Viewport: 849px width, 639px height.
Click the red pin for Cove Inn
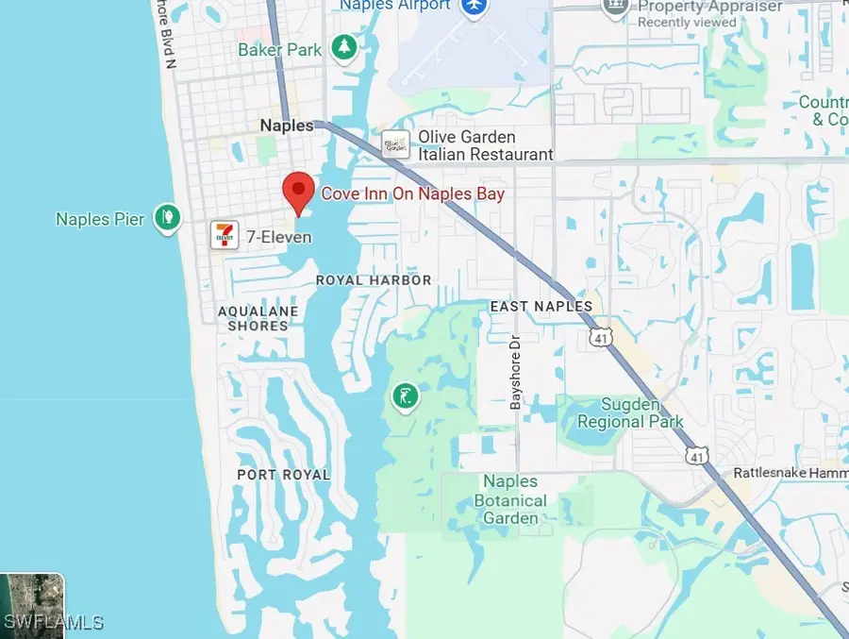(299, 192)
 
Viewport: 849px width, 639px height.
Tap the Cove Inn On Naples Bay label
(412, 193)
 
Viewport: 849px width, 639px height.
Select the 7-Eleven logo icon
(225, 235)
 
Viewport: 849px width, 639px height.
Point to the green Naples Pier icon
(167, 218)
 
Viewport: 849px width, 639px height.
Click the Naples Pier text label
(100, 219)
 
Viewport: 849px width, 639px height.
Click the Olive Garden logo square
(395, 144)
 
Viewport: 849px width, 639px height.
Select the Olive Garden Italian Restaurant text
(485, 145)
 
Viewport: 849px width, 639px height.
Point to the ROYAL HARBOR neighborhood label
(374, 280)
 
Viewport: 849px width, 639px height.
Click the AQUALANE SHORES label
(258, 318)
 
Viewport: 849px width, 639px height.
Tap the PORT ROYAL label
(284, 475)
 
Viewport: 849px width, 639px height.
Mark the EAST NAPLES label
(541, 307)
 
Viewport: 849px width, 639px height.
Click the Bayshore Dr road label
(515, 372)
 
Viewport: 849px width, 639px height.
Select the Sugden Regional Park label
(631, 412)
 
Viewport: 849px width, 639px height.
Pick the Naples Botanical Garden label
(510, 499)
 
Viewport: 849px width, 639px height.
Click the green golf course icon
(405, 397)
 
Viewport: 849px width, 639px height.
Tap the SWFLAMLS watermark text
(54, 622)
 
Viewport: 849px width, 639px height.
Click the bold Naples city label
(287, 126)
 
